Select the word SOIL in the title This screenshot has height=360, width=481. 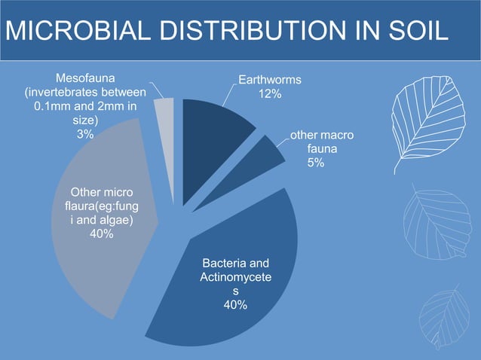pos(417,32)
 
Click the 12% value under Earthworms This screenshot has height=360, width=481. pos(270,93)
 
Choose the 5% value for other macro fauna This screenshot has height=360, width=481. pos(316,163)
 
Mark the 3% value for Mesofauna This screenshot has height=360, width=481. pos(85,134)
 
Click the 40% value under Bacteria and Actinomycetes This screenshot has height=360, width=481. pos(234,304)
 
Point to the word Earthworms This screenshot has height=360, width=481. pos(270,80)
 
